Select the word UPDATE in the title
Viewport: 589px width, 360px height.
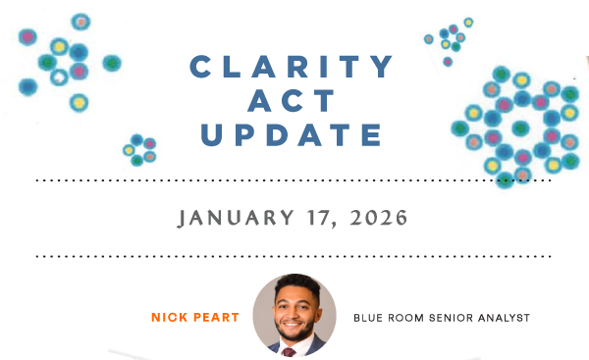click(293, 135)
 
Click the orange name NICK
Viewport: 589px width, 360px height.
click(169, 318)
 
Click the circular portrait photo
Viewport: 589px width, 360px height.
click(294, 315)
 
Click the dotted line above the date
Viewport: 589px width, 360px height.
click(293, 181)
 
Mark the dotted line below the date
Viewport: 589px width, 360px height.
click(293, 256)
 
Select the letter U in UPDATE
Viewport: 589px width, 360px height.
click(212, 135)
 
